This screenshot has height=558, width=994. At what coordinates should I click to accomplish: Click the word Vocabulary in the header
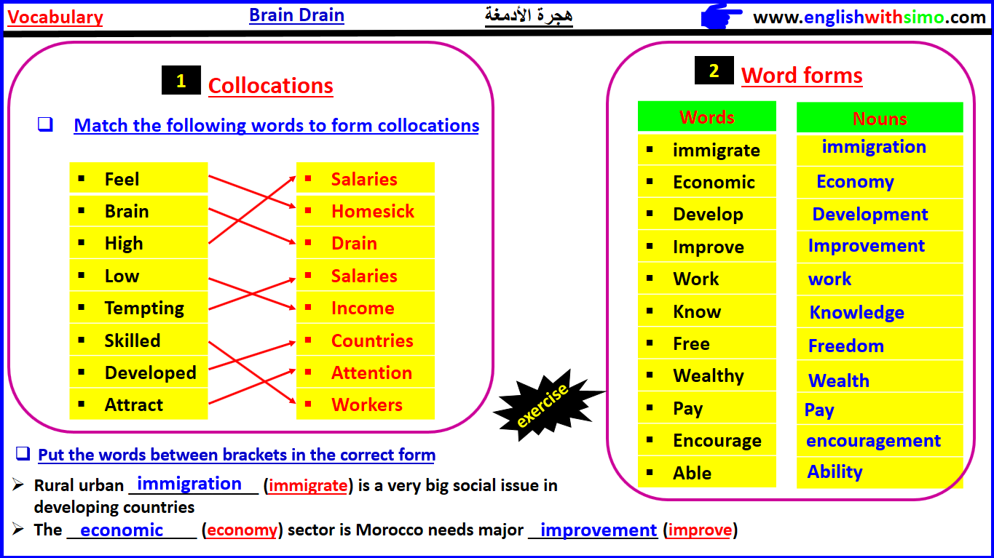(55, 17)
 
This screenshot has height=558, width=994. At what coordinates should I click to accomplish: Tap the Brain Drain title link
(296, 15)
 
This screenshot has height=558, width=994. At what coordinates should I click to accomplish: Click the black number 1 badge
(181, 81)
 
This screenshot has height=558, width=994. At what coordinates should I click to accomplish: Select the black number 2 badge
(714, 71)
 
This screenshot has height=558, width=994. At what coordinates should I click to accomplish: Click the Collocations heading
(270, 86)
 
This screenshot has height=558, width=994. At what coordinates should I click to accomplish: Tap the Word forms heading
(802, 76)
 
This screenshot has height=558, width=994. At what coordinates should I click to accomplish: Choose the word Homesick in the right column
(372, 211)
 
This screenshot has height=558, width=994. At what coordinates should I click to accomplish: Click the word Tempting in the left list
(144, 308)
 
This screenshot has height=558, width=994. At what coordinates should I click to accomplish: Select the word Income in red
(363, 308)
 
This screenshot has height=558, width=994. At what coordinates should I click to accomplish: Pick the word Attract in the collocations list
(134, 404)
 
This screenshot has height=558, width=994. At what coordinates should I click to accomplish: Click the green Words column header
(706, 117)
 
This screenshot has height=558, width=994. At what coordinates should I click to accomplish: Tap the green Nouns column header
(880, 119)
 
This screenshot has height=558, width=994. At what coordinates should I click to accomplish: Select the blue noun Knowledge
(856, 313)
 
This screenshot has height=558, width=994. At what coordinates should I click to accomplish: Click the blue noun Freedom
(845, 346)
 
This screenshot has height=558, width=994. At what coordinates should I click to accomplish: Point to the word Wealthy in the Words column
(708, 376)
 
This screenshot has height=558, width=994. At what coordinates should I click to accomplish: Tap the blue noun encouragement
(873, 441)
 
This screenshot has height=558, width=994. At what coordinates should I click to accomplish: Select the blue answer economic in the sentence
(122, 530)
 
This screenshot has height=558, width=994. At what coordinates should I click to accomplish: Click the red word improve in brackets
(699, 530)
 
